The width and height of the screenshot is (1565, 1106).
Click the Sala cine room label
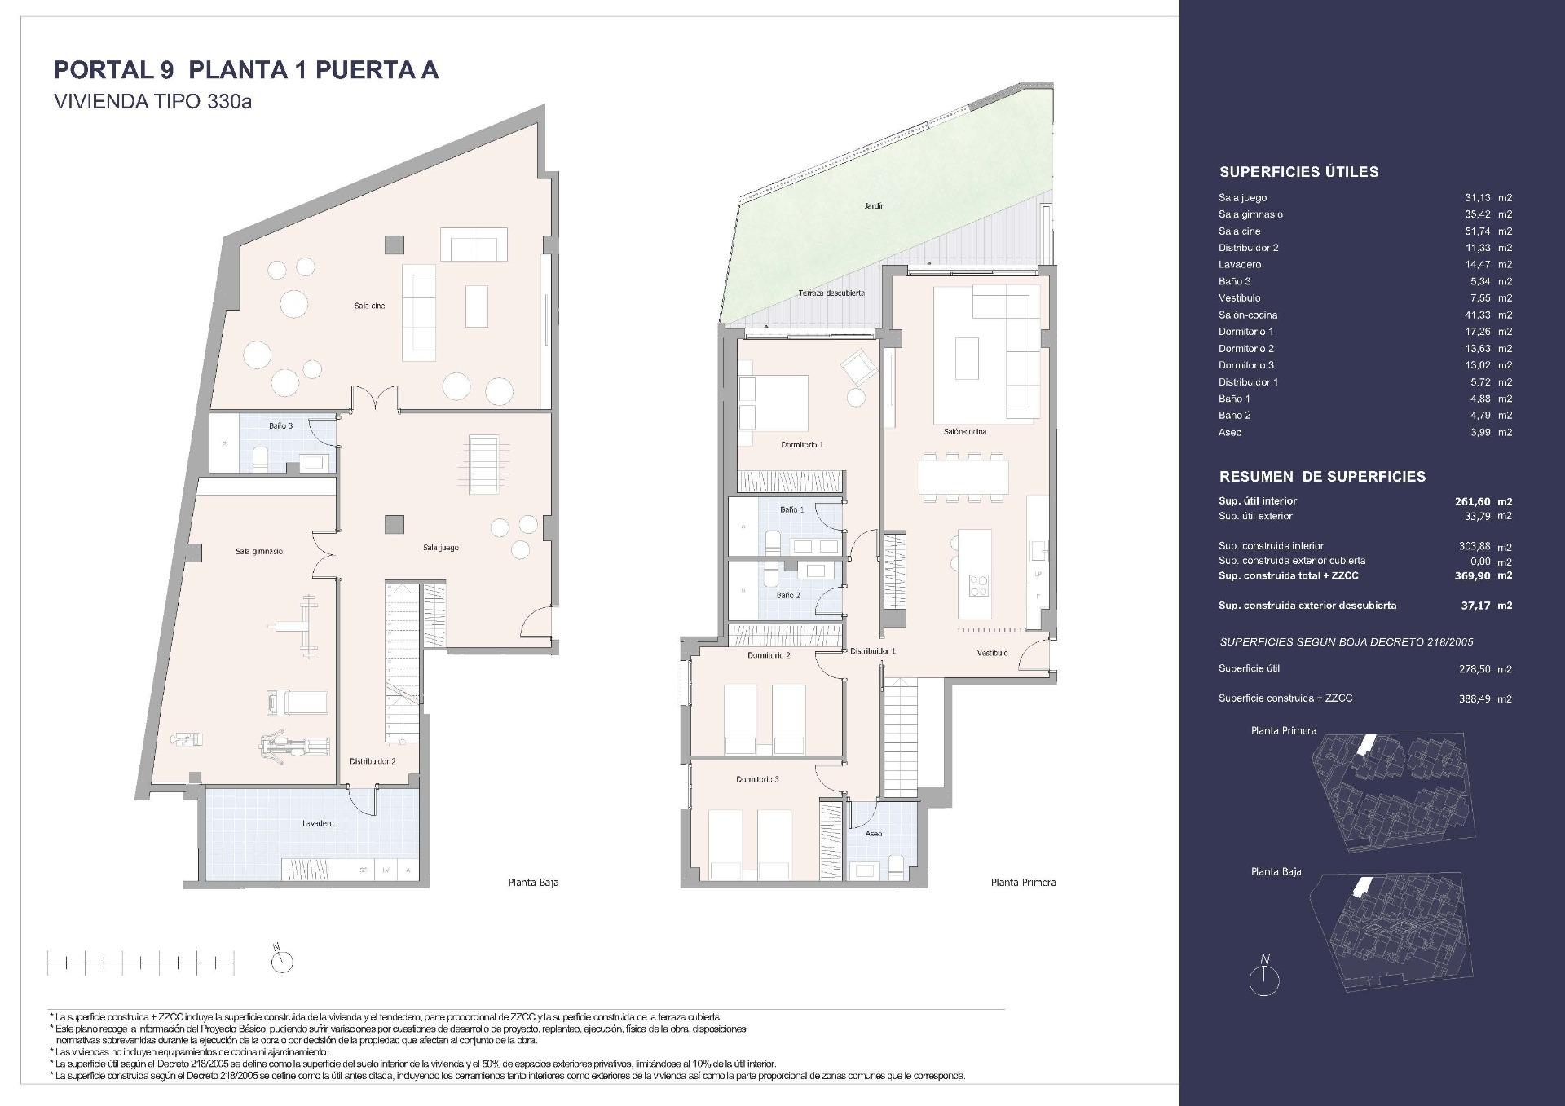pyautogui.click(x=369, y=306)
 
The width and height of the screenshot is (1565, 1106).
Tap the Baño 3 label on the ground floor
pyautogui.click(x=280, y=426)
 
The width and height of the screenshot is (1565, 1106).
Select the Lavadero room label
pyautogui.click(x=317, y=823)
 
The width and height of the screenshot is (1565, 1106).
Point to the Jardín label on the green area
pyautogui.click(x=874, y=206)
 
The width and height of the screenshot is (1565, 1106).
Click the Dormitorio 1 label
pyautogui.click(x=801, y=445)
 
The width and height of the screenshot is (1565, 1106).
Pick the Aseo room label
pyautogui.click(x=873, y=834)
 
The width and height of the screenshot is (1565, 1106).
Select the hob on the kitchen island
pyautogui.click(x=978, y=584)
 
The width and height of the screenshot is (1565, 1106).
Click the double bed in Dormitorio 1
pyautogui.click(x=773, y=403)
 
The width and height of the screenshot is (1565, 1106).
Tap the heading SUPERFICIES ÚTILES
pyautogui.click(x=1298, y=172)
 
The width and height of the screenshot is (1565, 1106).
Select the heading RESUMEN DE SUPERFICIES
pyautogui.click(x=1322, y=477)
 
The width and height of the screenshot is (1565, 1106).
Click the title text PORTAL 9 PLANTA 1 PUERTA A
pyautogui.click(x=246, y=70)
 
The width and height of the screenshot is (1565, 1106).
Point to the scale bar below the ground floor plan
pyautogui.click(x=140, y=964)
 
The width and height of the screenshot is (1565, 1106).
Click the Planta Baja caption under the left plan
pyautogui.click(x=533, y=882)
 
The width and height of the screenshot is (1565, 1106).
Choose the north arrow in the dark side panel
pyautogui.click(x=1264, y=976)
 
